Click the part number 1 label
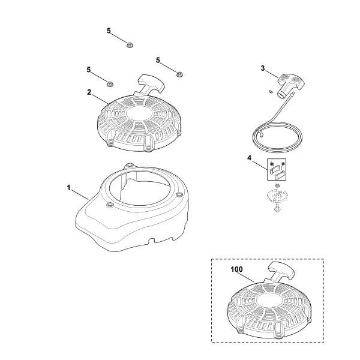coord(69,188)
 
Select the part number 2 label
coord(89,92)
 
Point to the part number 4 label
coord(250,158)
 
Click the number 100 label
coord(237,270)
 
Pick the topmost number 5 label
coord(109,30)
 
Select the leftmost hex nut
coord(110,82)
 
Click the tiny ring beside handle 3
coord(270,91)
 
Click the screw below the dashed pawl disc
coord(278,209)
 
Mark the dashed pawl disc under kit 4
coord(277,196)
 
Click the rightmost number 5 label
coord(158,60)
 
